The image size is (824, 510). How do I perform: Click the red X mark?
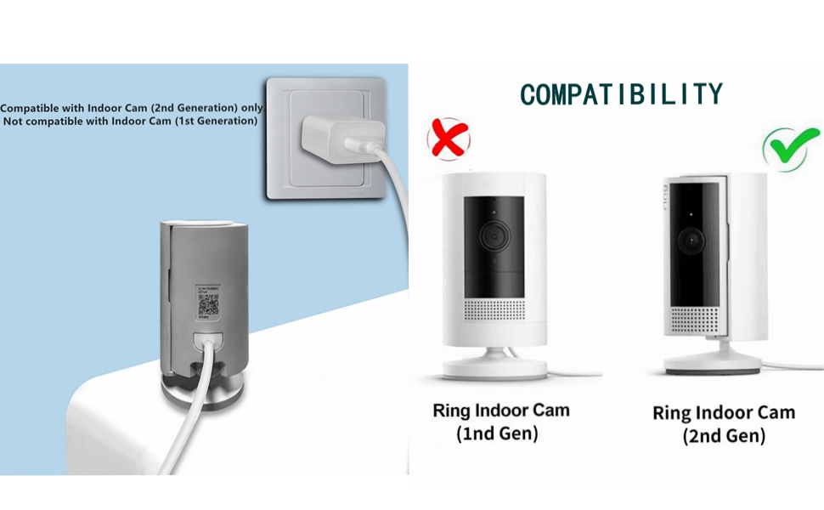pos(449,139)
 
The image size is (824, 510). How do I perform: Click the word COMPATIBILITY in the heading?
pos(621,94)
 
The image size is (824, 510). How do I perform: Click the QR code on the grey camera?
pos(208,305)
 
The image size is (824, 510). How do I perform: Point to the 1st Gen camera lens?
pos(491,235)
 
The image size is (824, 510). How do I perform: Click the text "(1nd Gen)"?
pos(498,433)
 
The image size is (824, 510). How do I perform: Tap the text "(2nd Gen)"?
pos(724,436)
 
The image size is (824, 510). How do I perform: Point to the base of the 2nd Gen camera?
pos(712,368)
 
